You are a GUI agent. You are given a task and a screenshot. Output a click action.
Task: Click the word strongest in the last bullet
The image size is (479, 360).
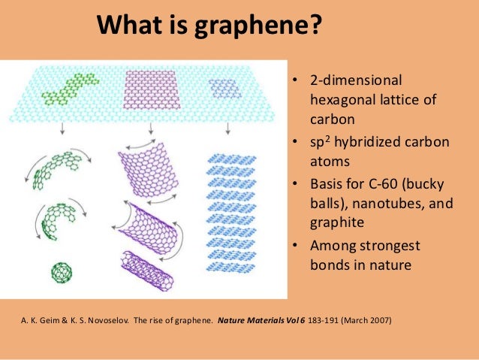point(386,247)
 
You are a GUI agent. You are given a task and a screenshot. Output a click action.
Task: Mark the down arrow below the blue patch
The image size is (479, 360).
point(227,129)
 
